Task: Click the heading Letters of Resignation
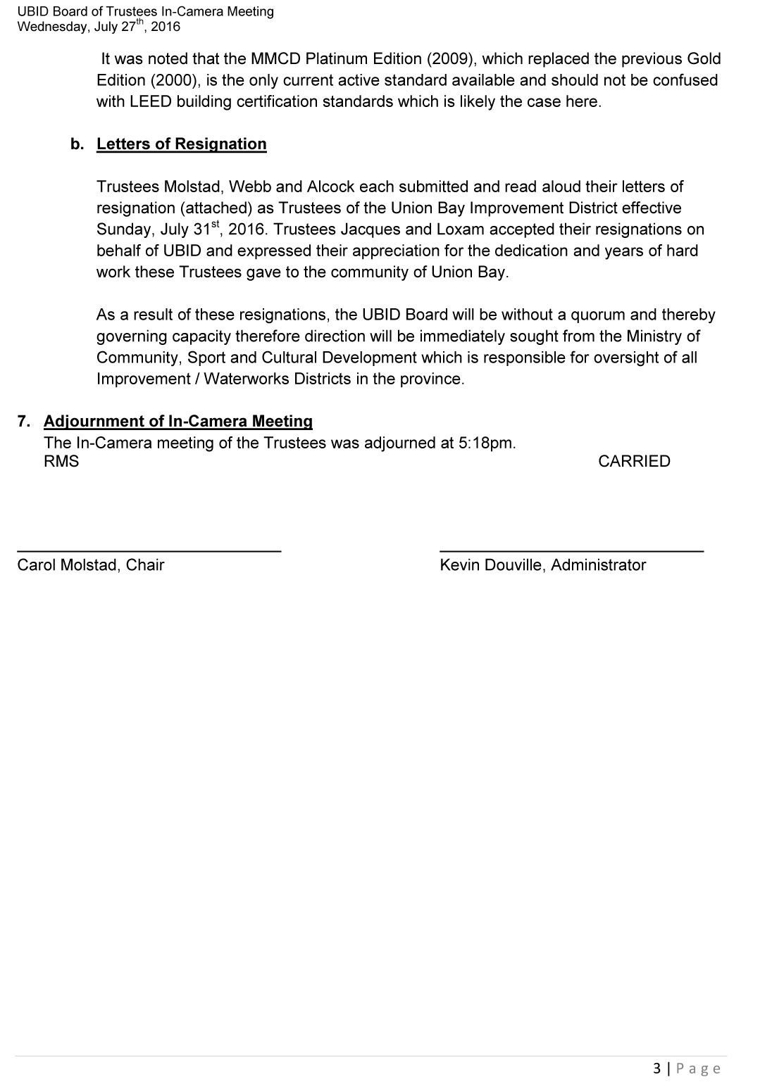181,144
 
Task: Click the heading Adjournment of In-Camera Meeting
178,422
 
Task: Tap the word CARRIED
634,462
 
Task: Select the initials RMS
61,462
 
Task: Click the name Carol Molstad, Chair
91,565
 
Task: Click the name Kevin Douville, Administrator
542,565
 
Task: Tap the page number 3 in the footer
657,1069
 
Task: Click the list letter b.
77,144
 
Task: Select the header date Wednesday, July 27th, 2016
99,27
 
